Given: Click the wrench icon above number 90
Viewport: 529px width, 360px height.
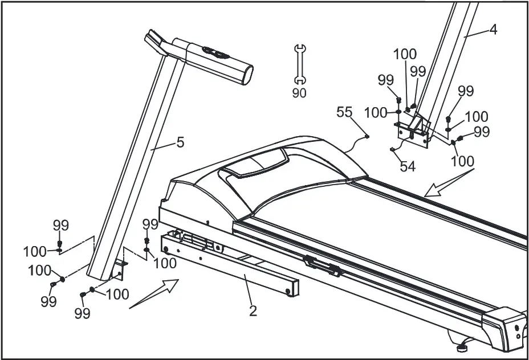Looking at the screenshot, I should (x=299, y=64).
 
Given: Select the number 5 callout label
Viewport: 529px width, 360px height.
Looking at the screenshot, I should (x=180, y=142).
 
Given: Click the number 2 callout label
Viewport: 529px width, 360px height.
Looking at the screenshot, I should (x=253, y=311).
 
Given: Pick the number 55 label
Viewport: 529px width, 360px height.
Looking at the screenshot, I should (x=344, y=112).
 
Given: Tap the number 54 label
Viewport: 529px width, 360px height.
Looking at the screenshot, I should (x=408, y=166).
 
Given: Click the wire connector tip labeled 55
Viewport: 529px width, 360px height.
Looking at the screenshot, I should (x=368, y=136).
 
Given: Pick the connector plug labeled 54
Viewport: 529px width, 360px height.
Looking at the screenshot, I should (x=392, y=150).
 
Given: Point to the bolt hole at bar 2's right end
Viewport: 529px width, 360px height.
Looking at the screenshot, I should (x=289, y=291).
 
